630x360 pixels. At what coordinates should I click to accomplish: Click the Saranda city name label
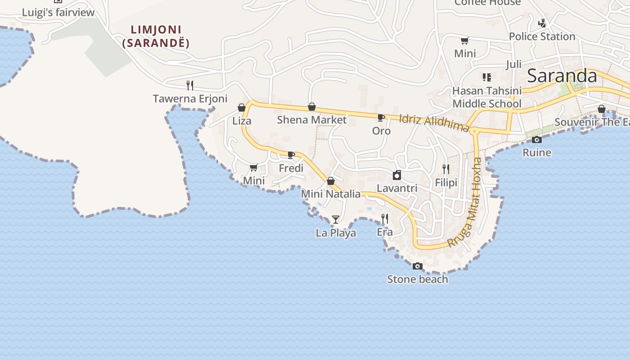(x=562, y=76)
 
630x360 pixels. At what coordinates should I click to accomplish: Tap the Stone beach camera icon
(x=418, y=266)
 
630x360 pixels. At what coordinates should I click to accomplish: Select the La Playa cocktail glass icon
(x=336, y=220)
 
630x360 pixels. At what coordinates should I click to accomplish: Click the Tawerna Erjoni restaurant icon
(x=190, y=85)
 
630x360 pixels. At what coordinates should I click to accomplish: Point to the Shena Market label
(x=311, y=120)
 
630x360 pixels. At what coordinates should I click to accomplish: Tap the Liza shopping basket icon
(x=242, y=108)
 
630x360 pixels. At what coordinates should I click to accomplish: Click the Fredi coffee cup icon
(x=291, y=155)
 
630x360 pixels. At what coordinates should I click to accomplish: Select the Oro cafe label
(x=381, y=131)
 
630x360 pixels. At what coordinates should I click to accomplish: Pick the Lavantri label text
(x=397, y=188)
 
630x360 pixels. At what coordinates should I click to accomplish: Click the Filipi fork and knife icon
(x=446, y=169)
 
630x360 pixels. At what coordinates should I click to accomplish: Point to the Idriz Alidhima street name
(x=434, y=123)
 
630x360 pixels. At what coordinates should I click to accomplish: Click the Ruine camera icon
(x=536, y=140)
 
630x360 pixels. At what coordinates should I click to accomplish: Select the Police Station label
(x=542, y=36)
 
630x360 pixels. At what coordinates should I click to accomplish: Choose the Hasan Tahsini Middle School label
(x=487, y=97)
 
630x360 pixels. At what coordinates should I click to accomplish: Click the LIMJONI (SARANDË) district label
(x=156, y=36)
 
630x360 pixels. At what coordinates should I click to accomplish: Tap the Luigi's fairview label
(x=58, y=12)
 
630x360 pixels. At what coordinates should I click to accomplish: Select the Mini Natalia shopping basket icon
(x=331, y=181)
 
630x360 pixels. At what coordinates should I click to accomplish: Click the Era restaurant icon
(x=385, y=219)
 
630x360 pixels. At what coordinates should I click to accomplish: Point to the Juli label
(x=513, y=64)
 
